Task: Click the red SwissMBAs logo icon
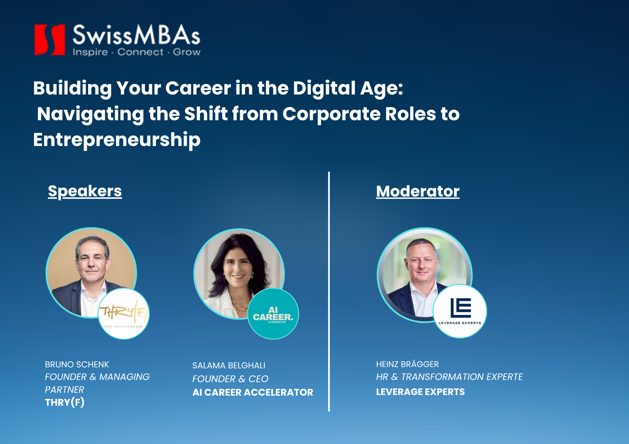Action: pyautogui.click(x=50, y=40)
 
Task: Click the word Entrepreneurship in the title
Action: pyautogui.click(x=117, y=140)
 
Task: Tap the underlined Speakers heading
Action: pyautogui.click(x=85, y=191)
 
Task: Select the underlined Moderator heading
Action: pyautogui.click(x=418, y=191)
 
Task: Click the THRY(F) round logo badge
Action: pyautogui.click(x=124, y=314)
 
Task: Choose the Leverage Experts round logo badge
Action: pyautogui.click(x=460, y=311)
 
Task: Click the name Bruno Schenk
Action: pyautogui.click(x=77, y=365)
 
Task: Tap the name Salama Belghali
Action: pyautogui.click(x=229, y=365)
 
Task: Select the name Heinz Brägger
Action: pyautogui.click(x=407, y=364)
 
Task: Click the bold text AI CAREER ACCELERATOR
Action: pyautogui.click(x=253, y=392)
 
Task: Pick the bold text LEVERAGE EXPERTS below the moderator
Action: pyautogui.click(x=420, y=392)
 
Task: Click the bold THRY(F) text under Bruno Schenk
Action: pyautogui.click(x=64, y=402)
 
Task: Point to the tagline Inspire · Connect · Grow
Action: pyautogui.click(x=136, y=52)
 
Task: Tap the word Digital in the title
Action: pyautogui.click(x=324, y=88)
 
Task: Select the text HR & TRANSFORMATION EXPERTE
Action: pyautogui.click(x=449, y=377)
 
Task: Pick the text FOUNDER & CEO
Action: pyautogui.click(x=230, y=379)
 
